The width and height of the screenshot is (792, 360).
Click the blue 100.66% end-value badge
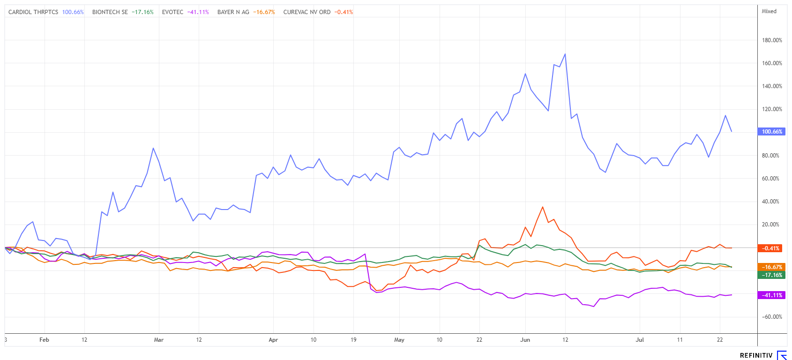click(x=772, y=132)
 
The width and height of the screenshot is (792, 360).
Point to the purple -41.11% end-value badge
click(x=772, y=295)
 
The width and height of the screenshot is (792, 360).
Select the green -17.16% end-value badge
click(x=772, y=275)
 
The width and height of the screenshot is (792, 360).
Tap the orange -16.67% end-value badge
click(x=772, y=267)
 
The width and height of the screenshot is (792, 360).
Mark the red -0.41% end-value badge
click(x=772, y=248)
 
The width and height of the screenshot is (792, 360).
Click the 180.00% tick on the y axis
click(x=772, y=40)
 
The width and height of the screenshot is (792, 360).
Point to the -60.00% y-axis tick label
click(x=772, y=317)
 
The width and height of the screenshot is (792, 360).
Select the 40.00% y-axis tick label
click(x=772, y=202)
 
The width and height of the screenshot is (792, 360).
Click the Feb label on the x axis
click(x=44, y=340)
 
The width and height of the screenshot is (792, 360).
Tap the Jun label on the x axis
click(x=525, y=340)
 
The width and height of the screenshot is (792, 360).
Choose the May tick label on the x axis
click(x=399, y=340)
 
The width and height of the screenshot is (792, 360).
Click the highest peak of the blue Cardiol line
click(x=565, y=54)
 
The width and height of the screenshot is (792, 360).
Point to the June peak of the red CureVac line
click(x=542, y=207)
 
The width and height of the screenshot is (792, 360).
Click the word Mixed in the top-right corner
click(x=769, y=11)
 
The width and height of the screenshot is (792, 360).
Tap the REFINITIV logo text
click(x=756, y=356)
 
